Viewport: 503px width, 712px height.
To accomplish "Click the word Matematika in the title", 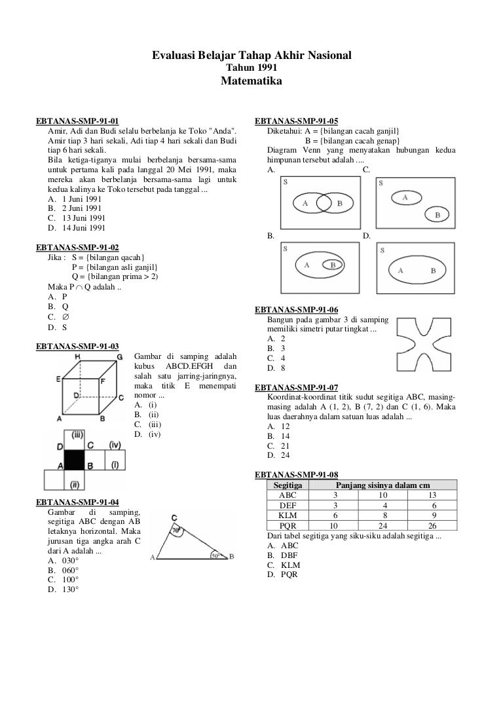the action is coord(251,81).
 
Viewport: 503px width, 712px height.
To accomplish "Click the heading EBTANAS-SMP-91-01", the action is coord(77,121).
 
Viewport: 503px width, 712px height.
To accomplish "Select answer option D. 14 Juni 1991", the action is coord(76,228).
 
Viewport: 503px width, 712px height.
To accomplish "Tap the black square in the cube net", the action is coord(75,460).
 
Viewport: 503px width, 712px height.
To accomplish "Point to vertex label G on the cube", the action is coord(119,357).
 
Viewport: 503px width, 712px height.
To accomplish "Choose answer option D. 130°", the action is coord(63,590).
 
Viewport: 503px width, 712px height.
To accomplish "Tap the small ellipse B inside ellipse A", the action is coord(333,265).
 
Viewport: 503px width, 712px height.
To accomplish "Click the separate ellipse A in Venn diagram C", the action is coord(406,198).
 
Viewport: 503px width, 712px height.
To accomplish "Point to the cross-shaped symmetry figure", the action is coord(424,344).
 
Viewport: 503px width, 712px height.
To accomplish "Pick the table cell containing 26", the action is coord(432,525).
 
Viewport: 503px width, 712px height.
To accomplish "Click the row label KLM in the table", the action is coord(288,515).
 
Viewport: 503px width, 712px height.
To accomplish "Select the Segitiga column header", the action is coord(288,485).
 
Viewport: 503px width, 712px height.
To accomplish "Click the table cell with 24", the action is coord(382,525).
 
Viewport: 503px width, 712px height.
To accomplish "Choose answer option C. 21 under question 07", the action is coord(278,446).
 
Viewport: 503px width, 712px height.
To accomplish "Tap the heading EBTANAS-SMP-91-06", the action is coord(297,310).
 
